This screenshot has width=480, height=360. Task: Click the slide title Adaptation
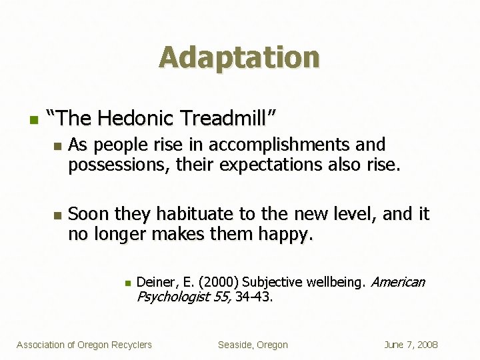pyautogui.click(x=239, y=57)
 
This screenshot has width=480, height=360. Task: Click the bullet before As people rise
pyautogui.click(x=57, y=145)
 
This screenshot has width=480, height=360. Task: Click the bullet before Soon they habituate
pyautogui.click(x=57, y=215)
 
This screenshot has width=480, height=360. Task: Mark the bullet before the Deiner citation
pyautogui.click(x=126, y=283)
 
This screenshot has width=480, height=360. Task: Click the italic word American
pyautogui.click(x=397, y=282)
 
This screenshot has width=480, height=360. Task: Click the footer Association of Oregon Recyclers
pyautogui.click(x=84, y=345)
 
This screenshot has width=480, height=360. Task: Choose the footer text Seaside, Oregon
pyautogui.click(x=253, y=345)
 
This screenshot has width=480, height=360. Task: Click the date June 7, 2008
pyautogui.click(x=411, y=345)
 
